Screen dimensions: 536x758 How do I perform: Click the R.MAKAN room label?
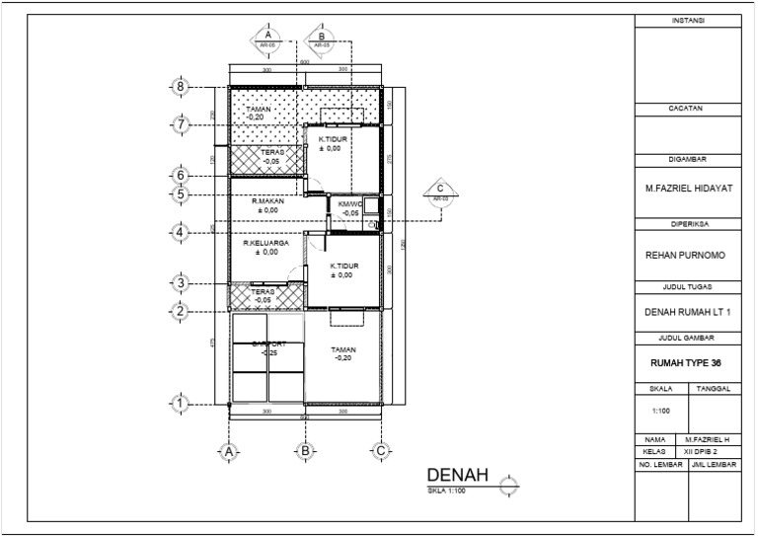267,201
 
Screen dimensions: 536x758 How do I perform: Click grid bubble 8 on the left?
181,87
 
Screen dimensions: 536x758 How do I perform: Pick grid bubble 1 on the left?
181,403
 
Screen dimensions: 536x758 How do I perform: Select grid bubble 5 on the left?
181,194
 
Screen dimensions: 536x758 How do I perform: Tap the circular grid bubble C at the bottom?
380,451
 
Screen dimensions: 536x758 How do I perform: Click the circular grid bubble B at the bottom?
306,451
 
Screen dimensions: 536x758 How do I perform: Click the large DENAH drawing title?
458,476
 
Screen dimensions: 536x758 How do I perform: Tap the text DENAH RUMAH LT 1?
688,313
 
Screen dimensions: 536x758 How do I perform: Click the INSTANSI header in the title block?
688,20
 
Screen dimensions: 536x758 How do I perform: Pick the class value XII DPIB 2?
709,449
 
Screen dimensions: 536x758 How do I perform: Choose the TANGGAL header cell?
713,389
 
